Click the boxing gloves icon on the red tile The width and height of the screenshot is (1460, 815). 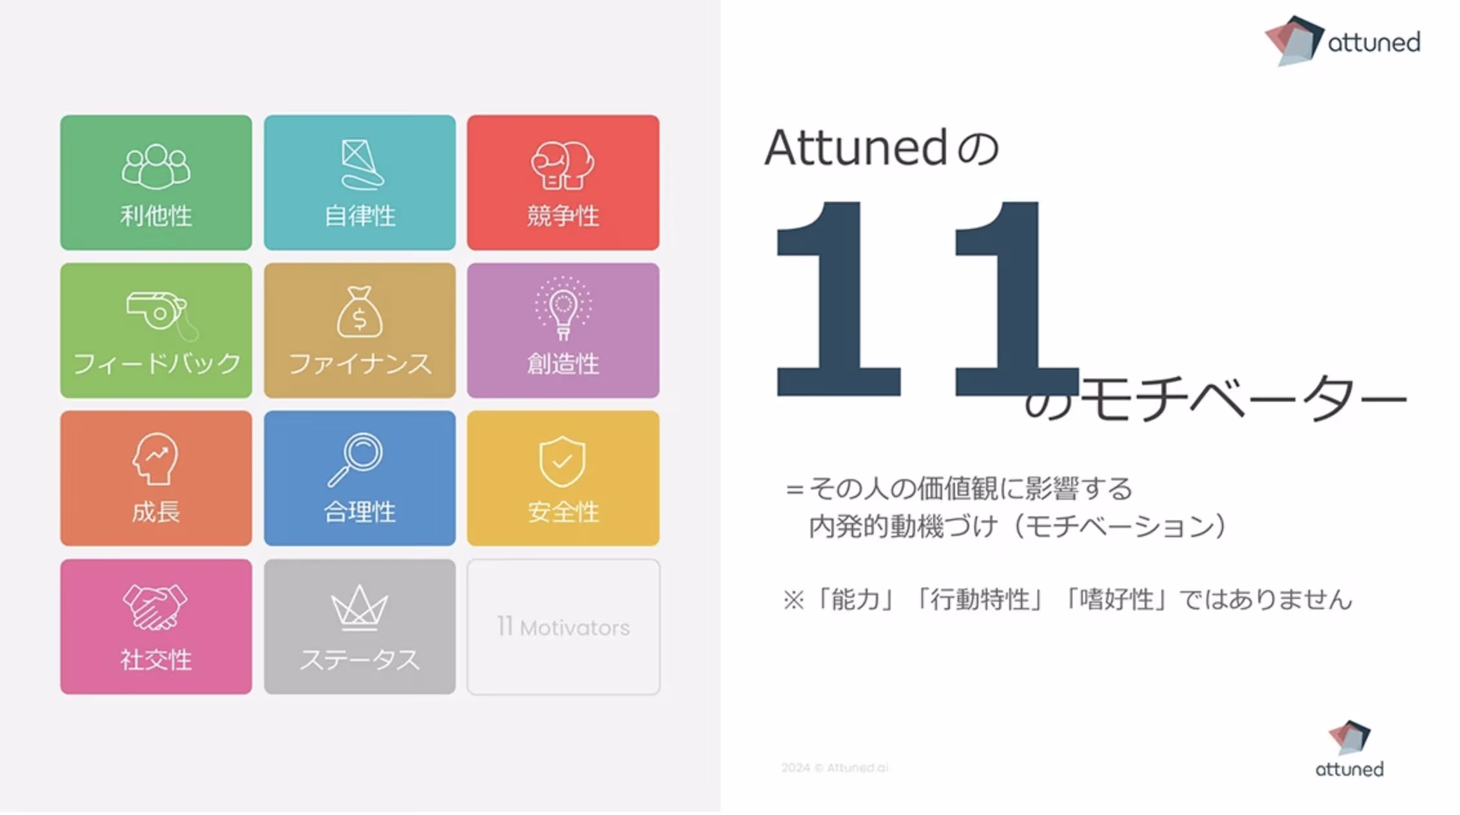562,165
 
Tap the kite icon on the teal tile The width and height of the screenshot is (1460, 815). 361,165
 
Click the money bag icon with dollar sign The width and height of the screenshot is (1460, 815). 360,312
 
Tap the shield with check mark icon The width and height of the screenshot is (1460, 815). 562,460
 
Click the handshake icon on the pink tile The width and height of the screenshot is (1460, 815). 155,607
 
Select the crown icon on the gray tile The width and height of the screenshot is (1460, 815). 359,607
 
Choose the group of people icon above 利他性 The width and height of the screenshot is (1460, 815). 156,166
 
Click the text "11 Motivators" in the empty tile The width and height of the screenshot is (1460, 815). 563,627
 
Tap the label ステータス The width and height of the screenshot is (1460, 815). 360,660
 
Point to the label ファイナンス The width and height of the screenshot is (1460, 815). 360,364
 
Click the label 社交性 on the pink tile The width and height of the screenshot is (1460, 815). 156,660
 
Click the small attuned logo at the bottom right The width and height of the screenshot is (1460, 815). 1350,749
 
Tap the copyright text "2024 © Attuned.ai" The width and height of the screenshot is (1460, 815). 835,767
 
